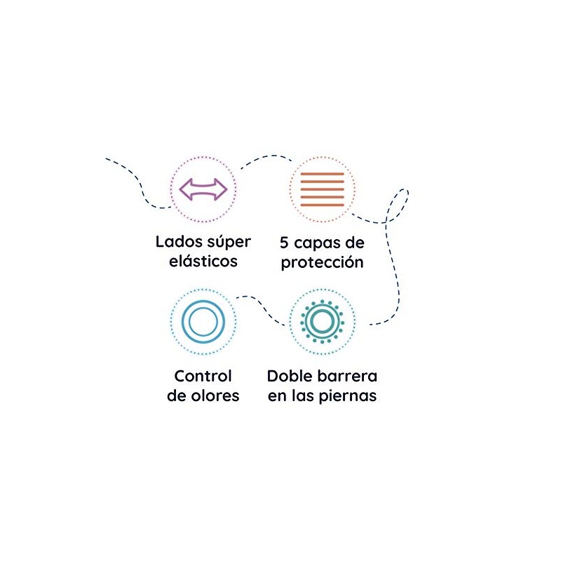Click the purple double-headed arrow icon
tap(203, 189)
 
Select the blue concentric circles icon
tap(203, 321)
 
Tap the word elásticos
tap(203, 262)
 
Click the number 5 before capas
tap(284, 243)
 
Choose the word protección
tap(322, 263)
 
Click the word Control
tap(203, 376)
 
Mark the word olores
tap(216, 396)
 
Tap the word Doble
tap(288, 376)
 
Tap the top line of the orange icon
tap(322, 173)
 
